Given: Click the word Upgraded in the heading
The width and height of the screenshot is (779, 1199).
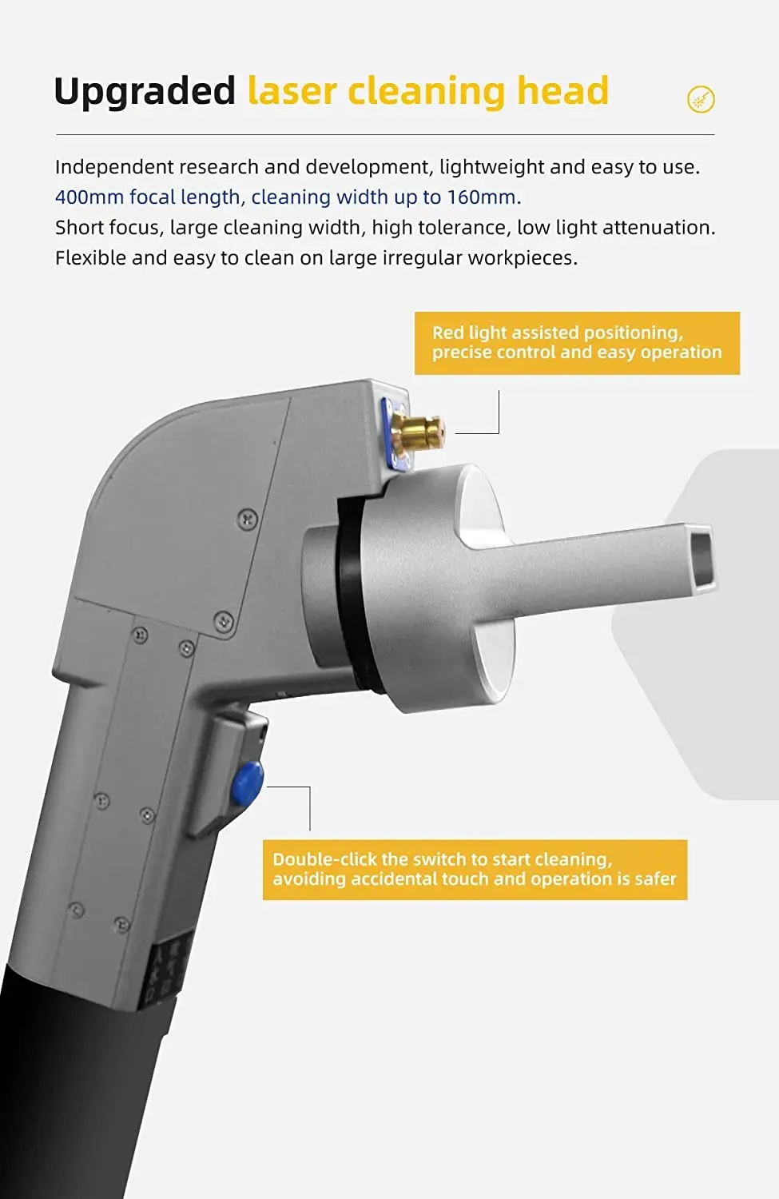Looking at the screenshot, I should [145, 91].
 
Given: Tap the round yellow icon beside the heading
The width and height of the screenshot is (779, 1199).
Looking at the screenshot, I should [701, 99].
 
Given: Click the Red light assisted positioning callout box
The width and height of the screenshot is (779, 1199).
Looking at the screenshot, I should [577, 343].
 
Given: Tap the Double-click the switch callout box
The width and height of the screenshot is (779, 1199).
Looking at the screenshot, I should [475, 870].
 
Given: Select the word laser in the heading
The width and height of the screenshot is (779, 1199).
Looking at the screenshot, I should [292, 91].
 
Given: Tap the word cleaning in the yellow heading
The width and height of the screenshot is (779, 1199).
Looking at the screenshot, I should [427, 91].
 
